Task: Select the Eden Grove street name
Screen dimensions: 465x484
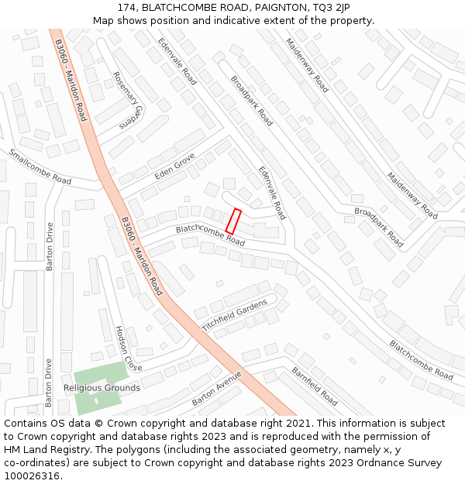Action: click(x=174, y=166)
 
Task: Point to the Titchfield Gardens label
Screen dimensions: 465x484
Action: click(x=239, y=313)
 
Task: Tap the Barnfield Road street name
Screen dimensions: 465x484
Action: click(x=315, y=386)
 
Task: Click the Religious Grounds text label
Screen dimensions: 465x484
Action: click(x=102, y=388)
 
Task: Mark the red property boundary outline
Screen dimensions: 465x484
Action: click(x=233, y=221)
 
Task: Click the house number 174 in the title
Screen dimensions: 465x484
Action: click(x=129, y=8)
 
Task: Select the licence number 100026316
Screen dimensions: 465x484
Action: click(x=33, y=476)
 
